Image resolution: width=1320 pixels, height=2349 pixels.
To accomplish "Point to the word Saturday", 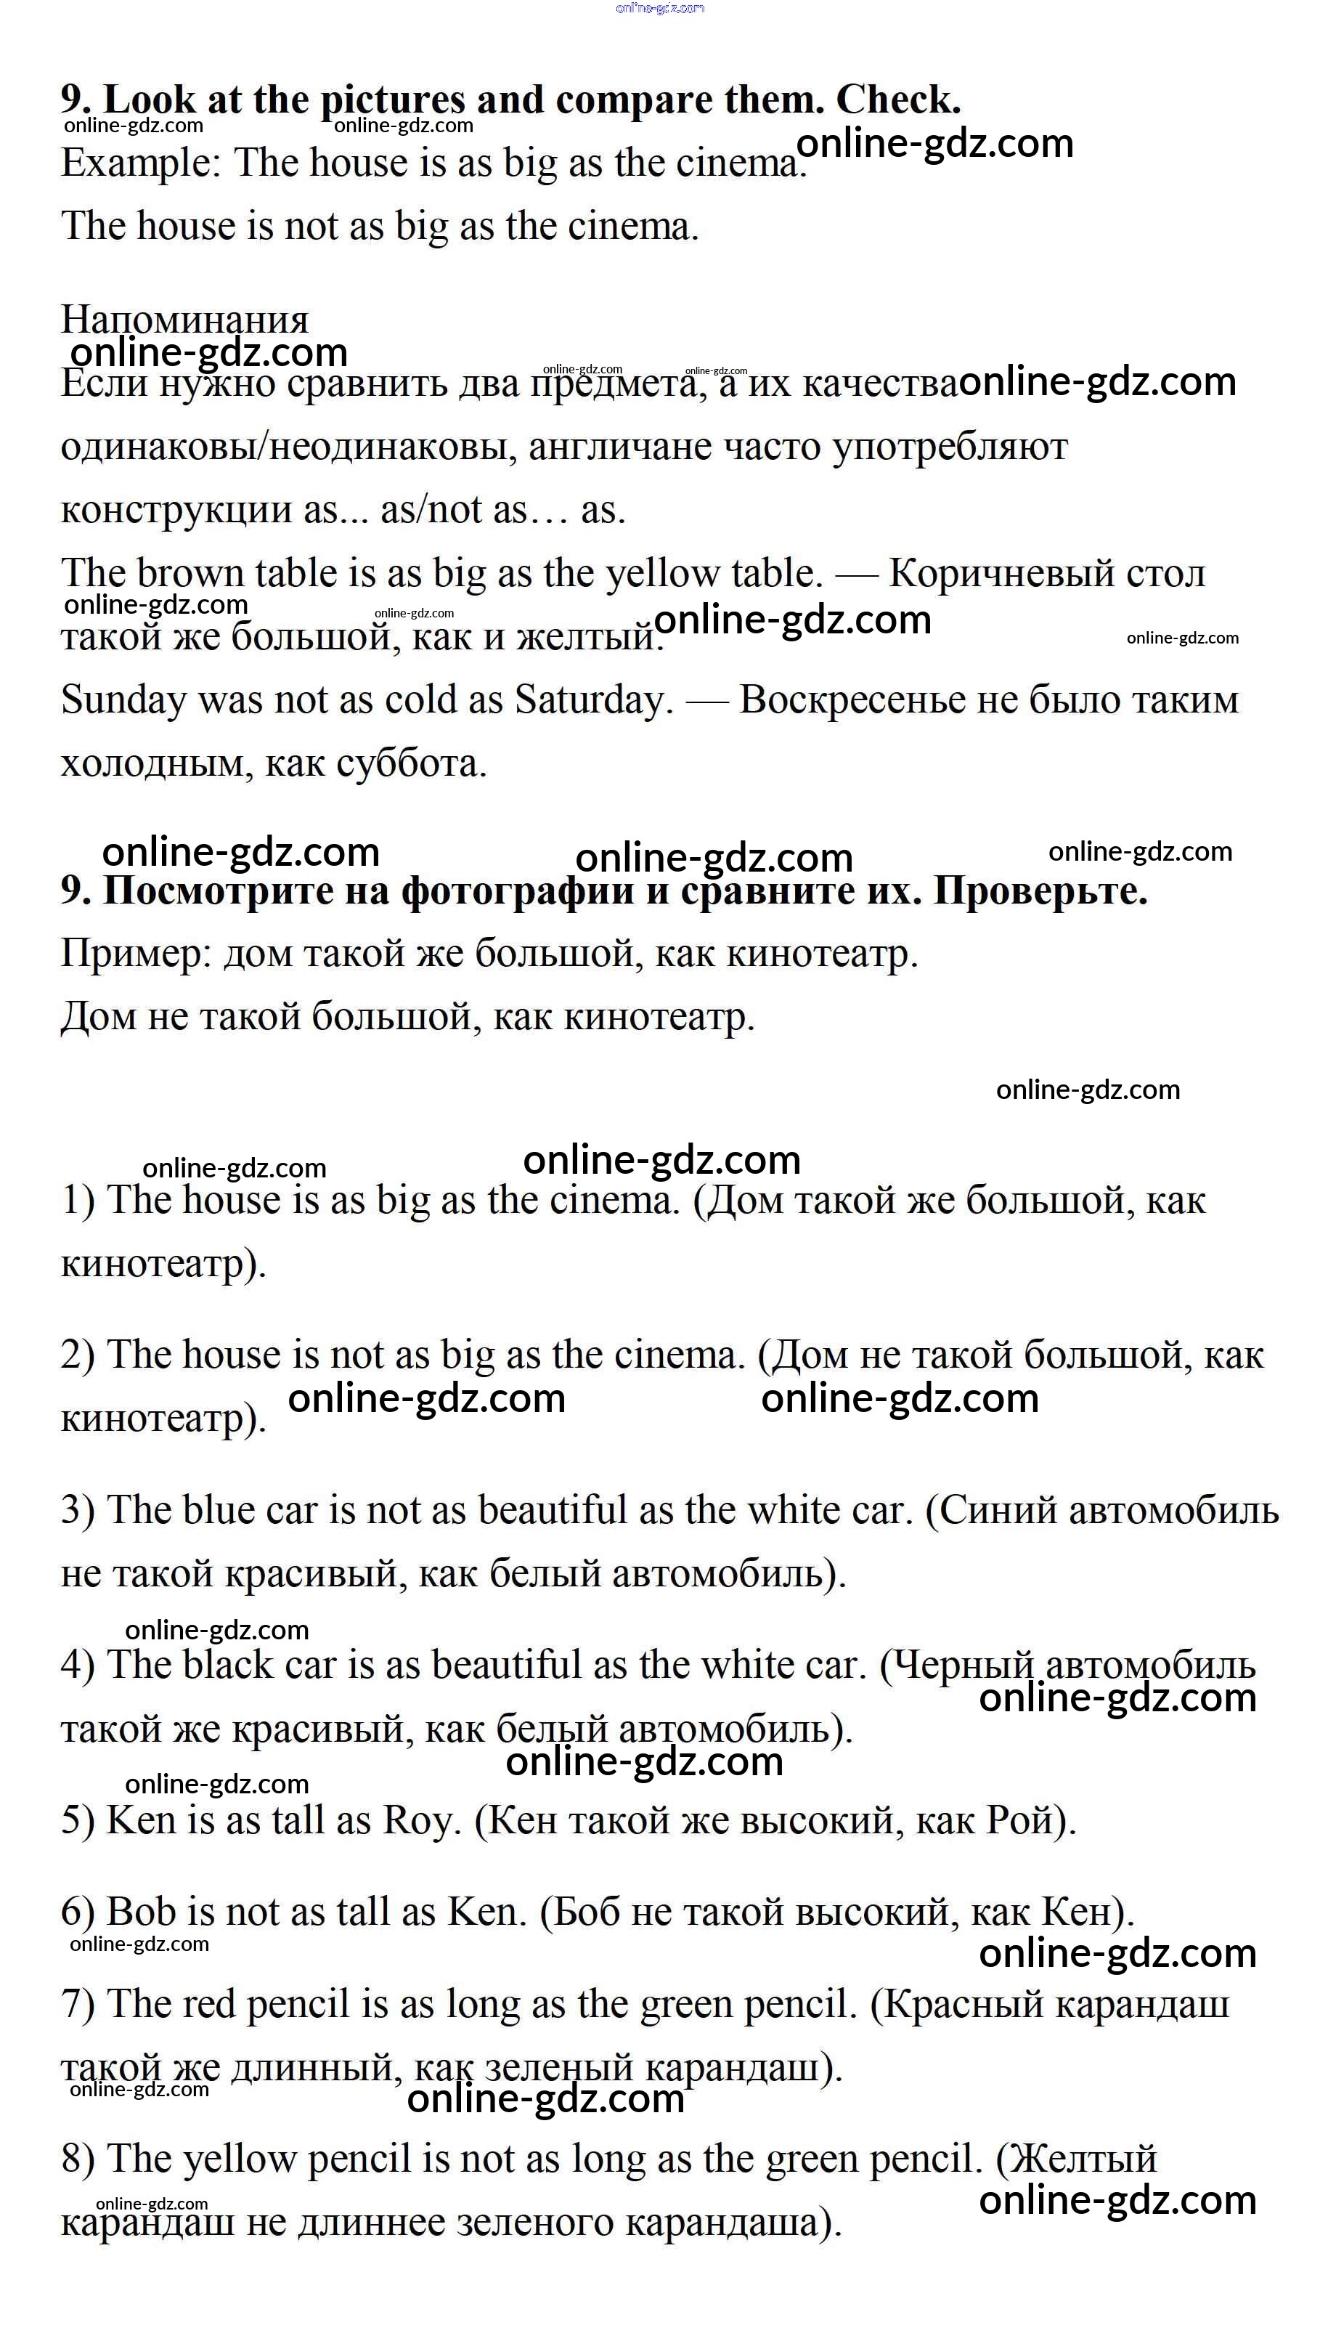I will pyautogui.click(x=593, y=700).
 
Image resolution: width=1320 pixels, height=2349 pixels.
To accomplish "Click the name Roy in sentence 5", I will pyautogui.click(x=417, y=1820).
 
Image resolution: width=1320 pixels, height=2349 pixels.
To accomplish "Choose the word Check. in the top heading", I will pyautogui.click(x=898, y=100).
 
